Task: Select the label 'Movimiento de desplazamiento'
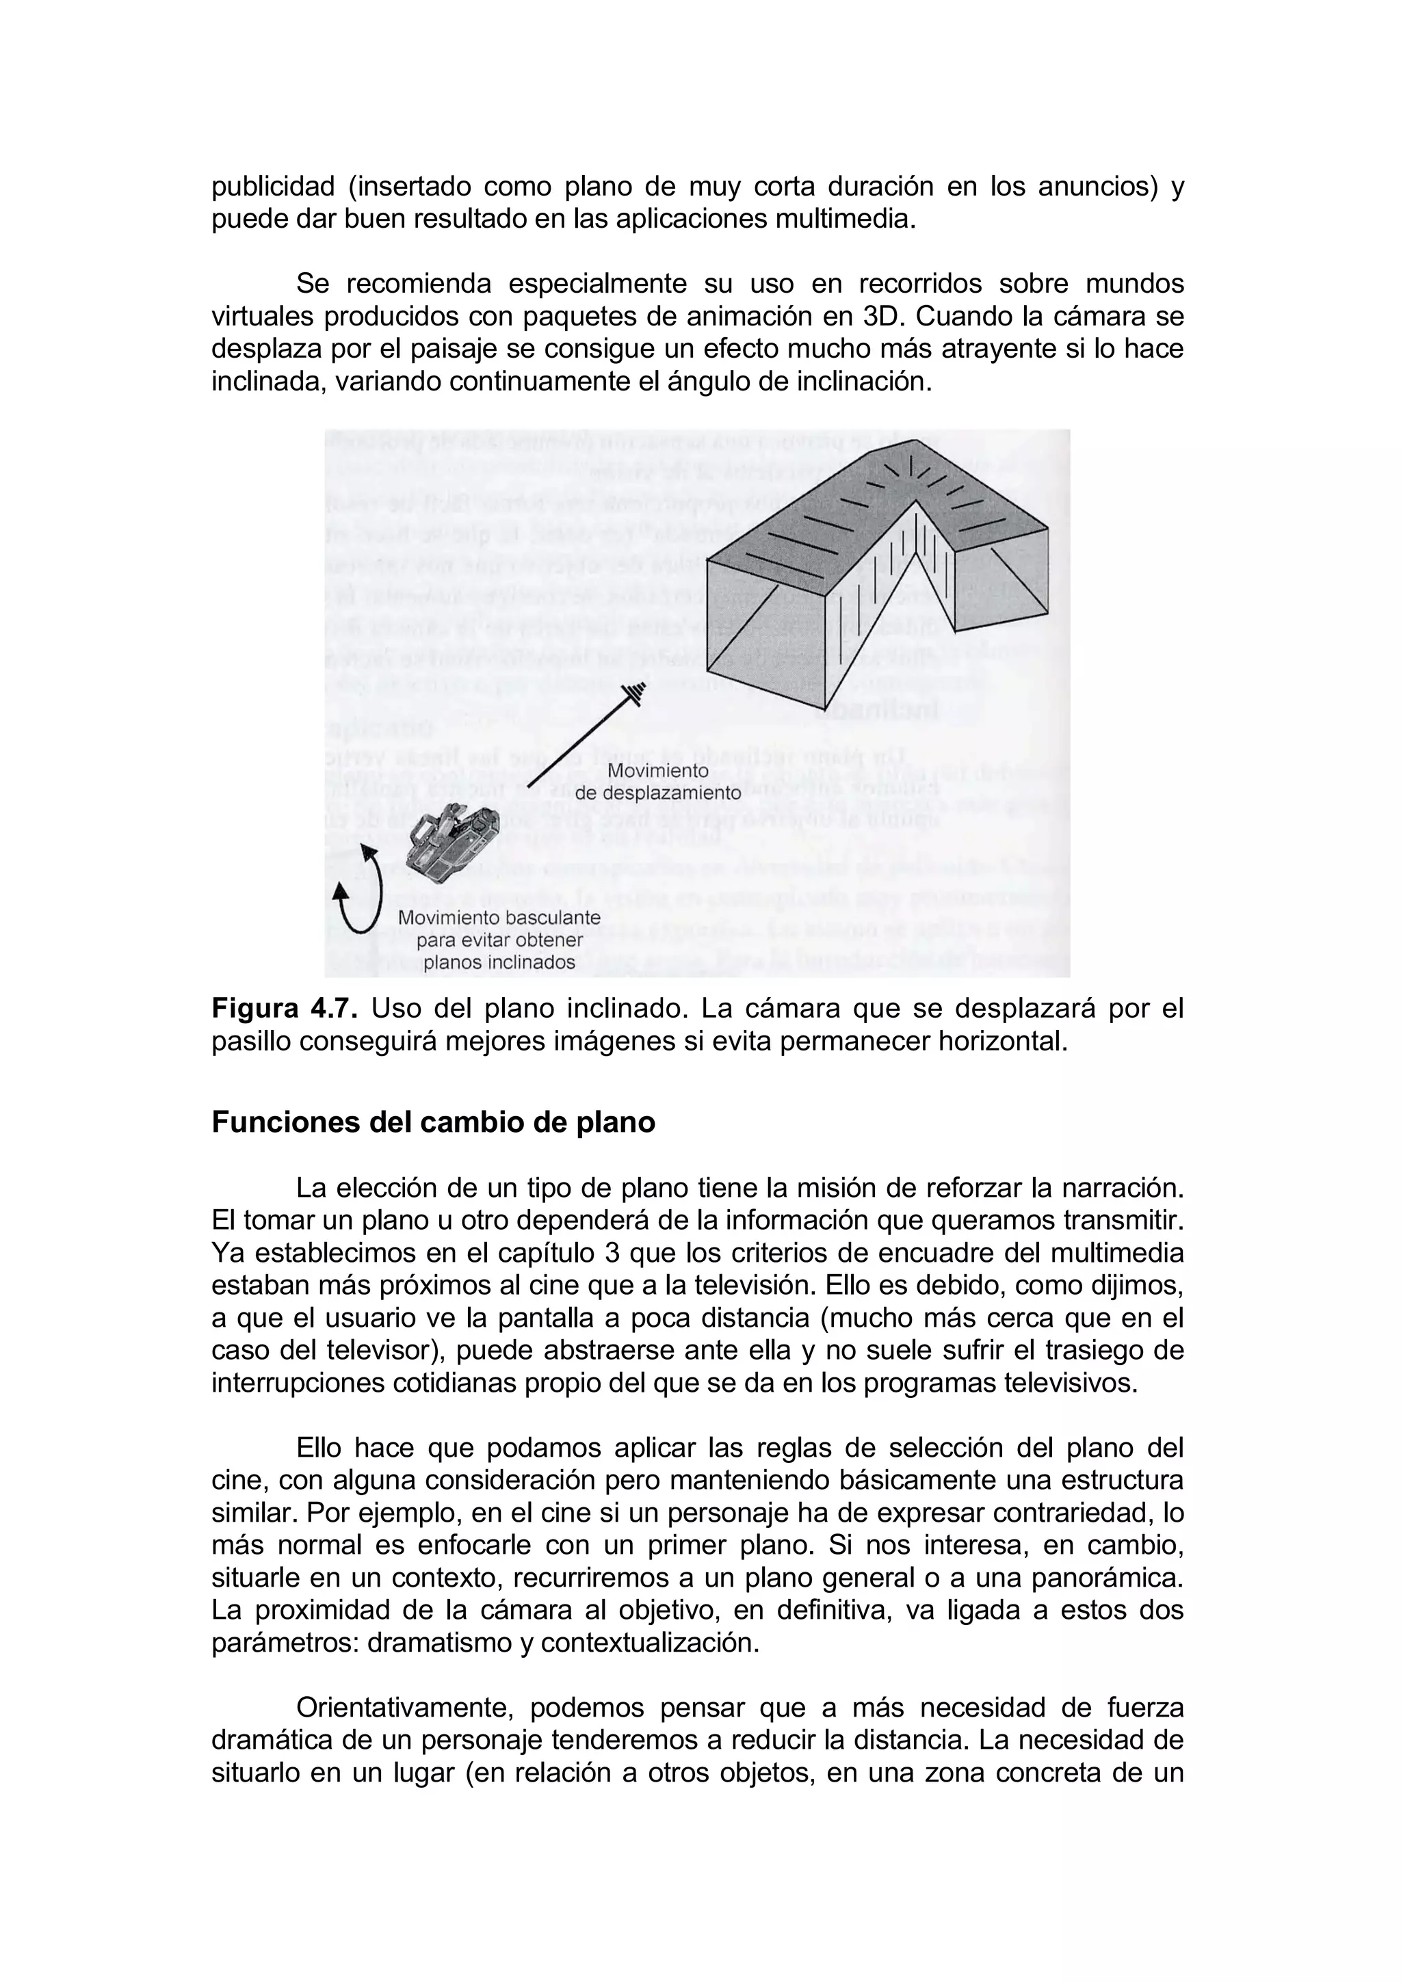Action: (x=658, y=781)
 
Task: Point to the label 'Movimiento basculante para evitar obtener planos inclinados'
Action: (x=499, y=940)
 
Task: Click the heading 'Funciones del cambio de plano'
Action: (x=433, y=1122)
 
